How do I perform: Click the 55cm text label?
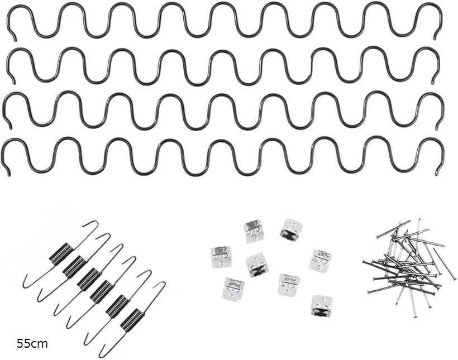click(x=32, y=344)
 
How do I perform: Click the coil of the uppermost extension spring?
click(x=61, y=254)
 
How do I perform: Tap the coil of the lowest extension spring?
click(x=132, y=320)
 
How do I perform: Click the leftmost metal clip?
click(x=221, y=257)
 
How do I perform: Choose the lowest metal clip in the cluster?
click(x=321, y=306)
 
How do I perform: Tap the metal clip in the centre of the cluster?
click(x=257, y=265)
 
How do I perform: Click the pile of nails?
click(x=409, y=266)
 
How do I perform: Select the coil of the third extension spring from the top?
click(x=89, y=280)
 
